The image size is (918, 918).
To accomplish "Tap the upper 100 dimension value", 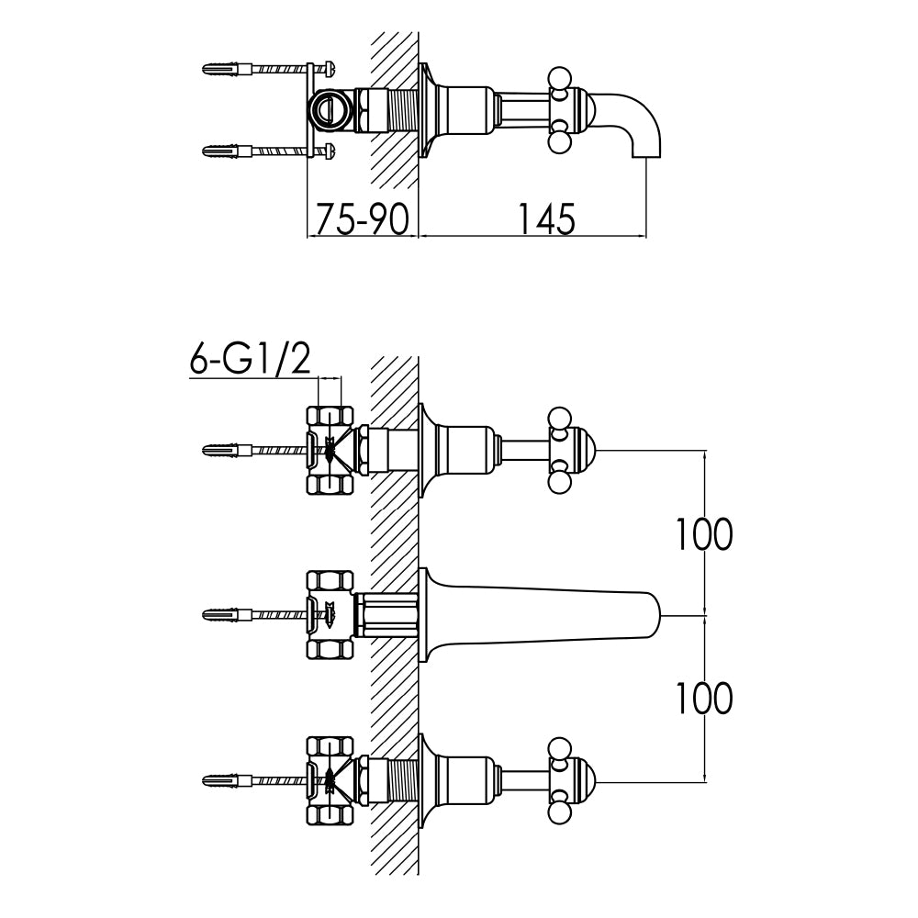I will coord(704,534).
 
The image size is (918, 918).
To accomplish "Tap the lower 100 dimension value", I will coord(704,700).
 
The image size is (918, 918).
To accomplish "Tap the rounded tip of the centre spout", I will coord(654,614).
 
